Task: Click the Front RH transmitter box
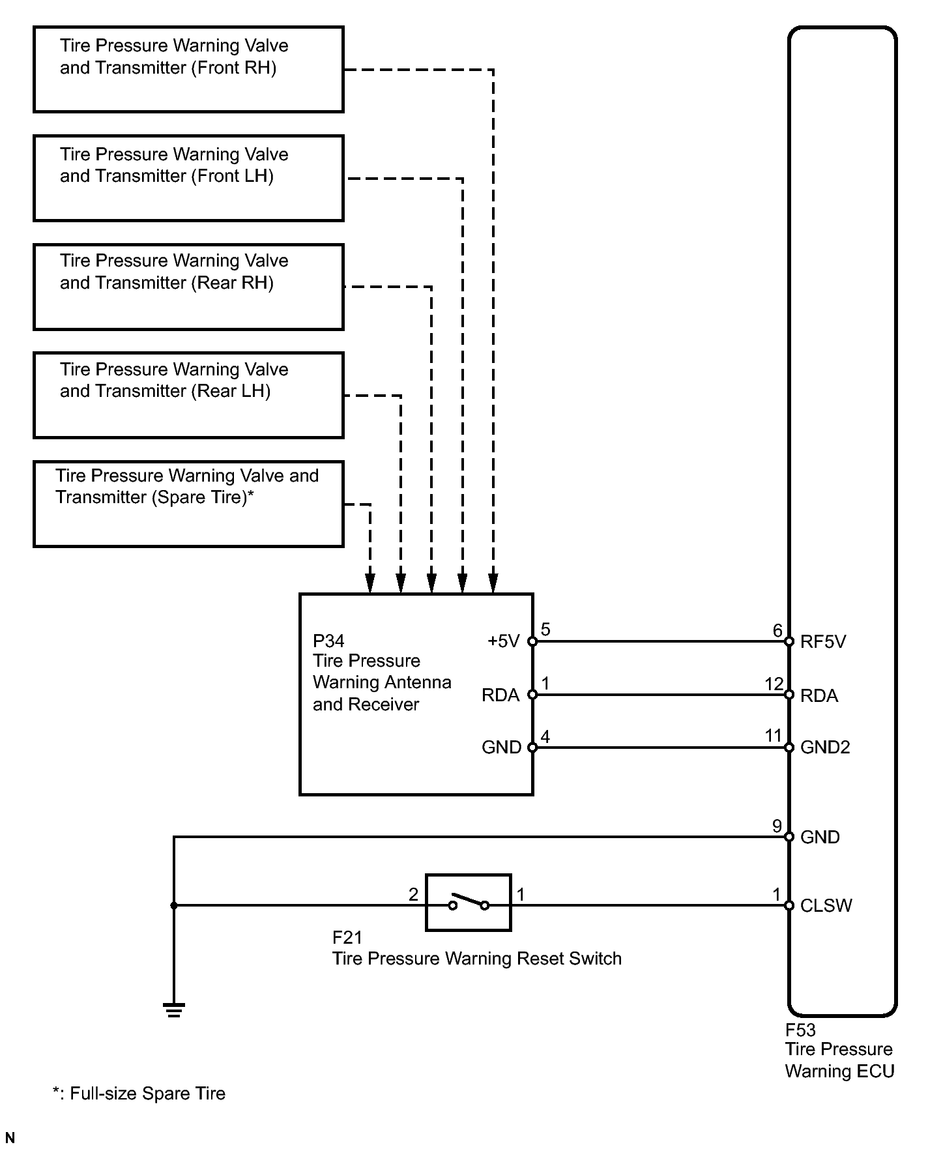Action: [x=188, y=69]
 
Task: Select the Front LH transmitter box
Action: [x=188, y=178]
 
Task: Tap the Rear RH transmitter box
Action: [x=188, y=287]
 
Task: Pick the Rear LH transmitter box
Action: [x=188, y=395]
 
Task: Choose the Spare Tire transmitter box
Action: [x=188, y=504]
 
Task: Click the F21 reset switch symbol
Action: [x=468, y=903]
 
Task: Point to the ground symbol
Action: [x=174, y=1010]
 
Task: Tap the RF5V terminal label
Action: [x=822, y=642]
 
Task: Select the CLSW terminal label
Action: [x=826, y=906]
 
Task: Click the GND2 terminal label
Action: [x=825, y=748]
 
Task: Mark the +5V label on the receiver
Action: [x=503, y=642]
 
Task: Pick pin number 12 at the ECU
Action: [x=774, y=684]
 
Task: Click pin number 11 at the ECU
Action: [x=773, y=736]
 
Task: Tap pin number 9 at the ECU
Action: [x=777, y=826]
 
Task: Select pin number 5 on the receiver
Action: [x=545, y=630]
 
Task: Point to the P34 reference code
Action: [x=328, y=641]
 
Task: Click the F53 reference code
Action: [x=800, y=1030]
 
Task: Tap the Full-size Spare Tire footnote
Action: [x=139, y=1094]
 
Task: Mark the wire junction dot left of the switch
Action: [x=174, y=905]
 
